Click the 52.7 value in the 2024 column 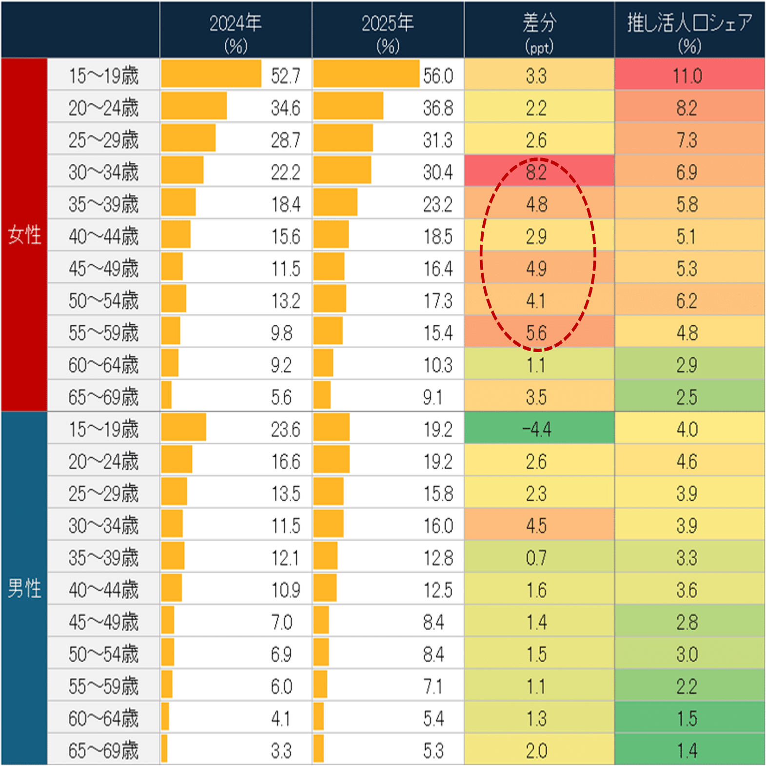click(x=286, y=76)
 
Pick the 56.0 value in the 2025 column click(x=438, y=76)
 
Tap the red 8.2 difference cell click(x=536, y=172)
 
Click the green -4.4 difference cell click(x=536, y=429)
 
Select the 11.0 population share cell click(x=687, y=76)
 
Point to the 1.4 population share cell click(x=687, y=750)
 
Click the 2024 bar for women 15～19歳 click(x=211, y=74)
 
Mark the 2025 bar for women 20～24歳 click(x=348, y=106)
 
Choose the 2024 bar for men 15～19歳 click(x=183, y=427)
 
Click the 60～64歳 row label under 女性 click(x=103, y=365)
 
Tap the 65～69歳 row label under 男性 click(x=103, y=750)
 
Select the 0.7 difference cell click(x=536, y=558)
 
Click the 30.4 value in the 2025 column click(x=438, y=172)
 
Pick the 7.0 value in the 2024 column click(x=281, y=622)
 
